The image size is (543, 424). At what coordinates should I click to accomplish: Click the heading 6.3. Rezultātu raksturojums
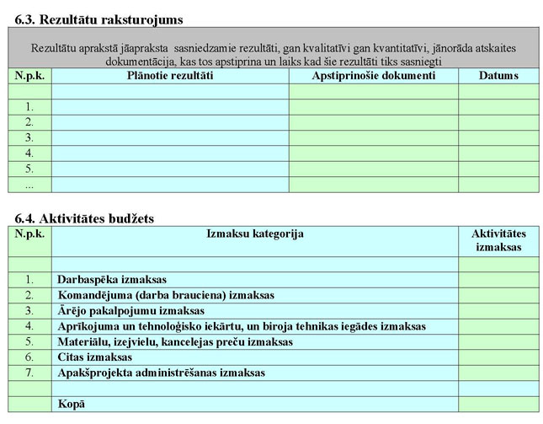[x=98, y=19]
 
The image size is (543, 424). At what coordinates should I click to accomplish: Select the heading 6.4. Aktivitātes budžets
[x=84, y=218]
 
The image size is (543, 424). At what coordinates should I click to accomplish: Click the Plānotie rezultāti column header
[x=169, y=76]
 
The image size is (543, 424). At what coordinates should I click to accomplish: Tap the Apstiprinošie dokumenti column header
[x=373, y=76]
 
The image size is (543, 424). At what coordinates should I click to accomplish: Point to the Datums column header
[x=498, y=76]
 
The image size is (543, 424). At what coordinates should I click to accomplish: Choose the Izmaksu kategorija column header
[x=254, y=233]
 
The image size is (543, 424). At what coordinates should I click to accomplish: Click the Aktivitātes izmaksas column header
[x=498, y=240]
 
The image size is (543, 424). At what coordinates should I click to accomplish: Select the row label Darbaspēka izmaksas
[x=112, y=280]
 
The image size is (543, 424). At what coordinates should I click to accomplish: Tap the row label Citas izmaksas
[x=95, y=357]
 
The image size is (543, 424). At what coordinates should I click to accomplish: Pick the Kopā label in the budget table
[x=72, y=405]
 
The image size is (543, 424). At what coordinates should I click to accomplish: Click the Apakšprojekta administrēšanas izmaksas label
[x=161, y=373]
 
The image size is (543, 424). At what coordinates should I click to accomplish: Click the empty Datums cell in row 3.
[x=498, y=137]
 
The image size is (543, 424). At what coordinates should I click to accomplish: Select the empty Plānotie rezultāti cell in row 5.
[x=169, y=169]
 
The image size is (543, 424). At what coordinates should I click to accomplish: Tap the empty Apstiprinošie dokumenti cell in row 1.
[x=373, y=107]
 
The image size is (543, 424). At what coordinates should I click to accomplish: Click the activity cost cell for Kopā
[x=498, y=405]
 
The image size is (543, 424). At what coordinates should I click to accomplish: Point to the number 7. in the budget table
[x=29, y=373]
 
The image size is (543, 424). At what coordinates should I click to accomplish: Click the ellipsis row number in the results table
[x=29, y=184]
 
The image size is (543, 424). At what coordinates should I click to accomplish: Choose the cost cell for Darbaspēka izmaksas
[x=498, y=280]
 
